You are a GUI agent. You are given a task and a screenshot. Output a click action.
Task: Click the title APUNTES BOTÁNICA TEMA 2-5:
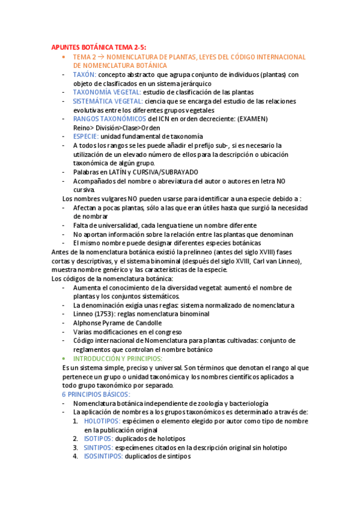[x=99, y=47]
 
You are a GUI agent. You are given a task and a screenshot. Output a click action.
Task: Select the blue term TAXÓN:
[x=84, y=75]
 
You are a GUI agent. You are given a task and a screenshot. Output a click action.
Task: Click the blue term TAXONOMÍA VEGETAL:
[x=107, y=92]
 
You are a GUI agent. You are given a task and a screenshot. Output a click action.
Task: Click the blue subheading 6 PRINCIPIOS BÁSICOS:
[x=96, y=394]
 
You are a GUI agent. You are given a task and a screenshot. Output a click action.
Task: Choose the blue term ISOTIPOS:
[x=99, y=438]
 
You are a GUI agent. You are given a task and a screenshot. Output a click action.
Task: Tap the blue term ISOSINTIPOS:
[x=103, y=456]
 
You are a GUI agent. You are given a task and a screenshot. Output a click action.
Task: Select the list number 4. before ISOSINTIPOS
[x=76, y=456]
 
